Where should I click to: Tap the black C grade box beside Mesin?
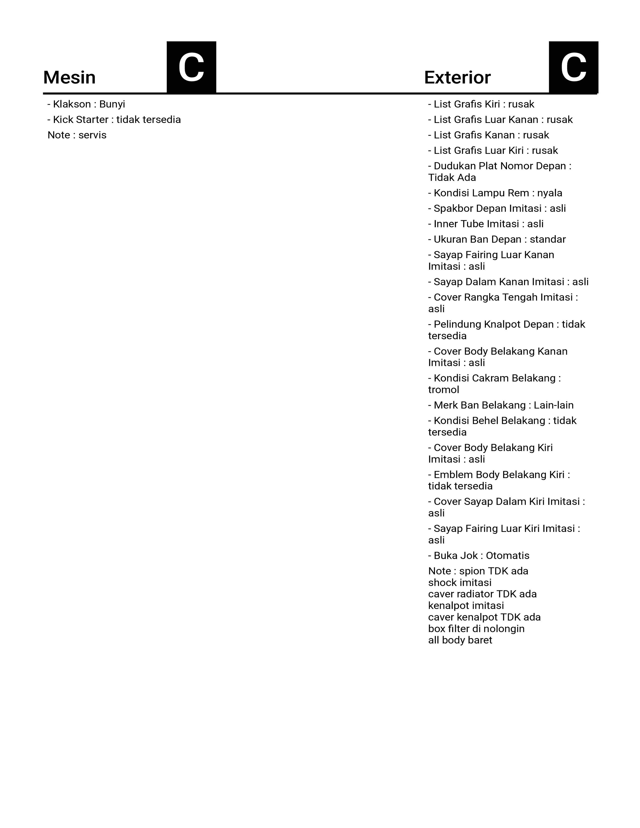(191, 67)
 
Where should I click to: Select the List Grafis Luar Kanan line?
(500, 120)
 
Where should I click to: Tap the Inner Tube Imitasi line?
(486, 224)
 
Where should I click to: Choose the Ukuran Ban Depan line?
(497, 240)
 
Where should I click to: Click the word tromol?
(443, 390)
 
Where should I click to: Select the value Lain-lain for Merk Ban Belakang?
(554, 405)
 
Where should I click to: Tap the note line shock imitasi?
(460, 583)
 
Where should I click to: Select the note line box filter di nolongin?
(476, 629)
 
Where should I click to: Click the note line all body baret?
(460, 640)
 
